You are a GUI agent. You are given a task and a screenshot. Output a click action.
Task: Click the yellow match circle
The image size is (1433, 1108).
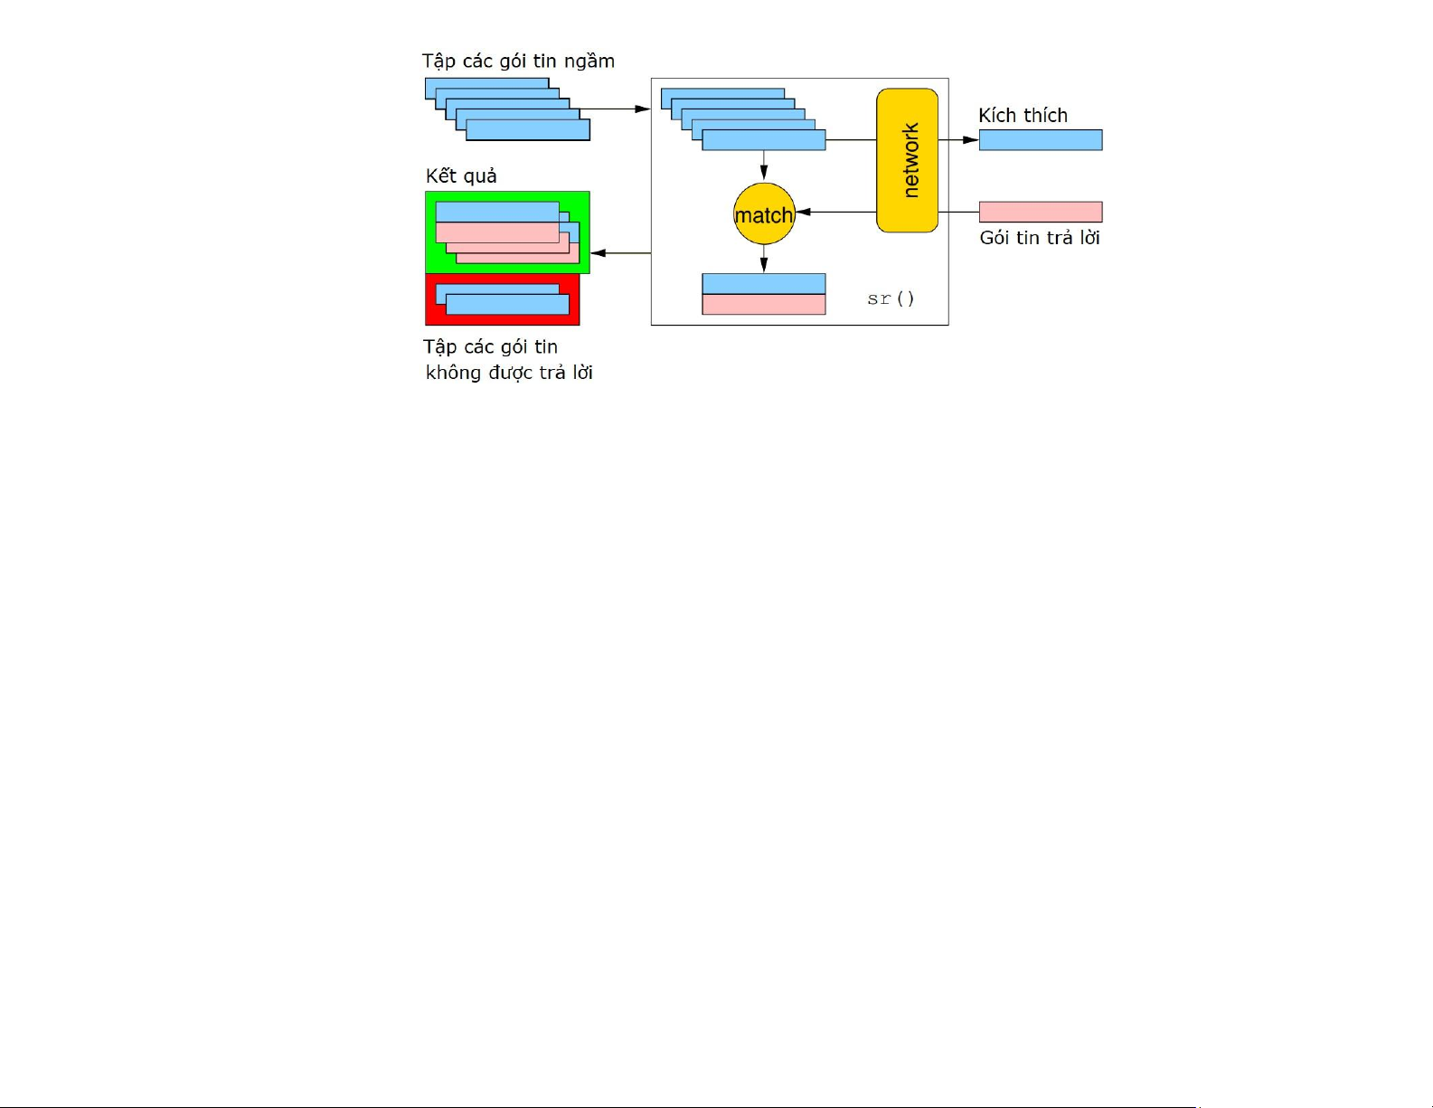[764, 213]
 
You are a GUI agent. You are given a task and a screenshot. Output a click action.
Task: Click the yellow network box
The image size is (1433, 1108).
[907, 160]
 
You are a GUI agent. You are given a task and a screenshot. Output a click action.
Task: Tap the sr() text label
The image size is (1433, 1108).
[891, 298]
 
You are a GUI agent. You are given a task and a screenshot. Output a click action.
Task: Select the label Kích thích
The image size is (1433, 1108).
[1023, 116]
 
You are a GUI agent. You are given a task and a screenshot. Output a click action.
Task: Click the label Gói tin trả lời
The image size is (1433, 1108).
[1040, 238]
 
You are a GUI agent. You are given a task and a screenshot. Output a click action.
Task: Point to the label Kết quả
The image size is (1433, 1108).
[461, 176]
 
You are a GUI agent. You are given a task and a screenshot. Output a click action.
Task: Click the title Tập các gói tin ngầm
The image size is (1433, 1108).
[518, 62]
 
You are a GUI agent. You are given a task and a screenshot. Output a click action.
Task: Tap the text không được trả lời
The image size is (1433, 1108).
[509, 373]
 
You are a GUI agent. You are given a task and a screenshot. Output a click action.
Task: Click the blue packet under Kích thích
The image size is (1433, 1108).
[1041, 140]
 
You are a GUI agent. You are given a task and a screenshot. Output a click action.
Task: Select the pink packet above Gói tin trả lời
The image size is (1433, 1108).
[1041, 212]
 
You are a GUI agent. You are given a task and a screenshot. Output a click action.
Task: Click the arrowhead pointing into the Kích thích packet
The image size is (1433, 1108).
[971, 140]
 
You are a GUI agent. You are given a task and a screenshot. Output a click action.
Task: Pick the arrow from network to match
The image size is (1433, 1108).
[835, 212]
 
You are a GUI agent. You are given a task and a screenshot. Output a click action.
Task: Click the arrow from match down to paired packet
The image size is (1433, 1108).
[764, 259]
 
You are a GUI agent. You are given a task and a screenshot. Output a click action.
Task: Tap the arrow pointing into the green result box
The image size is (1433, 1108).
[620, 253]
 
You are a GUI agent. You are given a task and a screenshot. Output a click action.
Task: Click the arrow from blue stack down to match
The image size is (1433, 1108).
[764, 166]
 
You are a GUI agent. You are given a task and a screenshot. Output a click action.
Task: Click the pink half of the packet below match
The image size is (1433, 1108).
[764, 305]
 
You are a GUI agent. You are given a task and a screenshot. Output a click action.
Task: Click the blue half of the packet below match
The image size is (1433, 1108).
[764, 284]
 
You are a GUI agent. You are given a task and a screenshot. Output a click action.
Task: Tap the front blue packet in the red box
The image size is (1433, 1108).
[508, 305]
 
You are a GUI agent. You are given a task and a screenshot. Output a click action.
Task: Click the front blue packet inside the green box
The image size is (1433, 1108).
[497, 212]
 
